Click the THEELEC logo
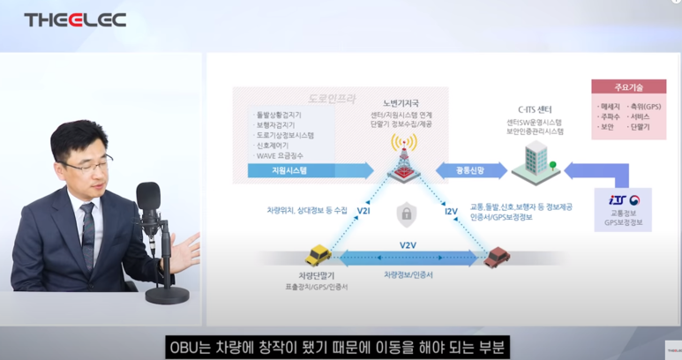(x=75, y=19)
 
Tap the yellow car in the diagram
(x=317, y=257)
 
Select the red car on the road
(x=498, y=258)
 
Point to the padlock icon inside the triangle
(x=406, y=213)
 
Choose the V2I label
(x=363, y=213)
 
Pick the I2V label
(x=450, y=212)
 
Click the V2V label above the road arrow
(x=407, y=244)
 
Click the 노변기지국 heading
(x=400, y=103)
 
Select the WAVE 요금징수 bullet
(x=281, y=155)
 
